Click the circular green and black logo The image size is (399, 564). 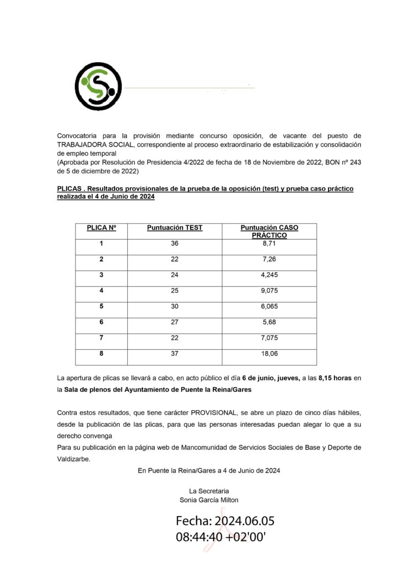point(98,86)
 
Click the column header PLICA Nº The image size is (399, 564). point(102,227)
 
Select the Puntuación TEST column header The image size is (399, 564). point(175,227)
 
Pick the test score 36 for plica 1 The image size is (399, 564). point(175,243)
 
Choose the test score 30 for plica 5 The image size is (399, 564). point(175,307)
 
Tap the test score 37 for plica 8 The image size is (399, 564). point(175,354)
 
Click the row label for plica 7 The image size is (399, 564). point(101,338)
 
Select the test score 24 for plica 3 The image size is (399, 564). point(175,275)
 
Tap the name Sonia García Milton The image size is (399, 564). point(209,500)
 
